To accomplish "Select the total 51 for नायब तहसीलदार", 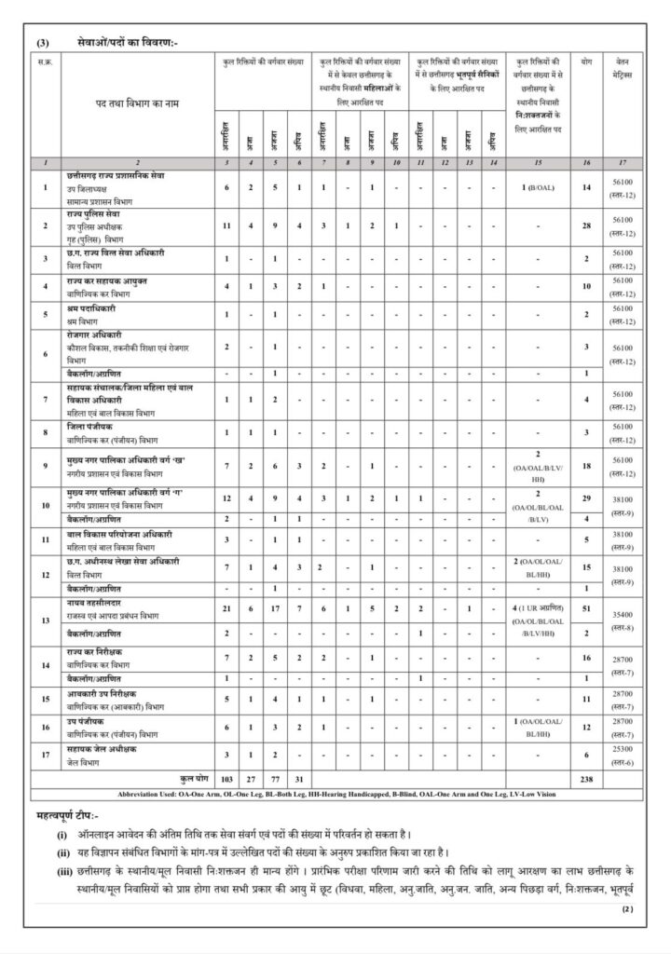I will point(587,606).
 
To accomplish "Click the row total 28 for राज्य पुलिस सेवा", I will point(587,225).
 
